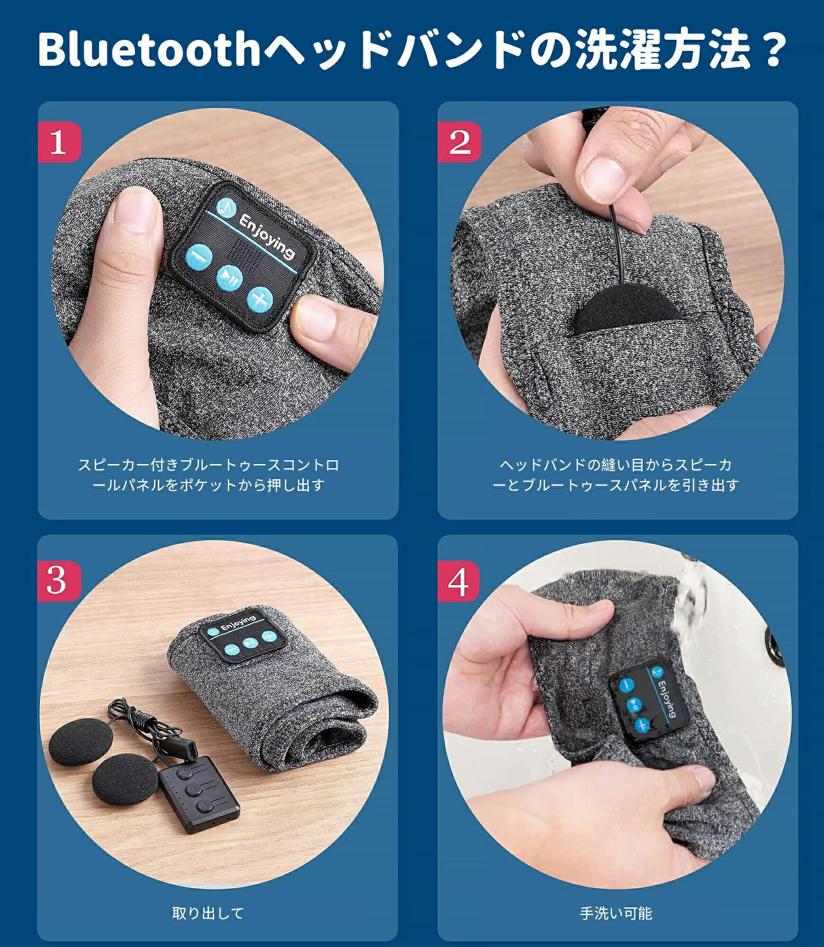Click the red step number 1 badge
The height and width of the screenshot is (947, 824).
click(59, 142)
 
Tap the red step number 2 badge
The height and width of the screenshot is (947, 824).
click(459, 142)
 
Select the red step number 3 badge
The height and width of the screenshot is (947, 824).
click(59, 581)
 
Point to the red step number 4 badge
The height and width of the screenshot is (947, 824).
click(459, 581)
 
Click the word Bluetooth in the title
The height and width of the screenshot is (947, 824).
click(149, 49)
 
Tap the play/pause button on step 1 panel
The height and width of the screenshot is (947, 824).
click(229, 277)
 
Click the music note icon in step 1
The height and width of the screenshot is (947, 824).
click(226, 207)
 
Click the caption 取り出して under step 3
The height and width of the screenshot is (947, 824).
click(208, 912)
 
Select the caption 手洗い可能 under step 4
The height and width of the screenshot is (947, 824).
click(616, 912)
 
